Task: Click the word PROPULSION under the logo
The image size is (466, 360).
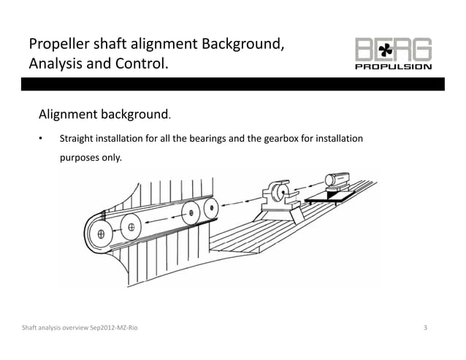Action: pos(392,66)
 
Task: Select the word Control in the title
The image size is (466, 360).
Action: pos(141,66)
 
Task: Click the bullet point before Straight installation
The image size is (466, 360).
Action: pos(42,139)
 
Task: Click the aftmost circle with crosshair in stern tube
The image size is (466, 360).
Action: pos(100,236)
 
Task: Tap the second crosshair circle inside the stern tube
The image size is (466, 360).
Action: pos(131,227)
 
